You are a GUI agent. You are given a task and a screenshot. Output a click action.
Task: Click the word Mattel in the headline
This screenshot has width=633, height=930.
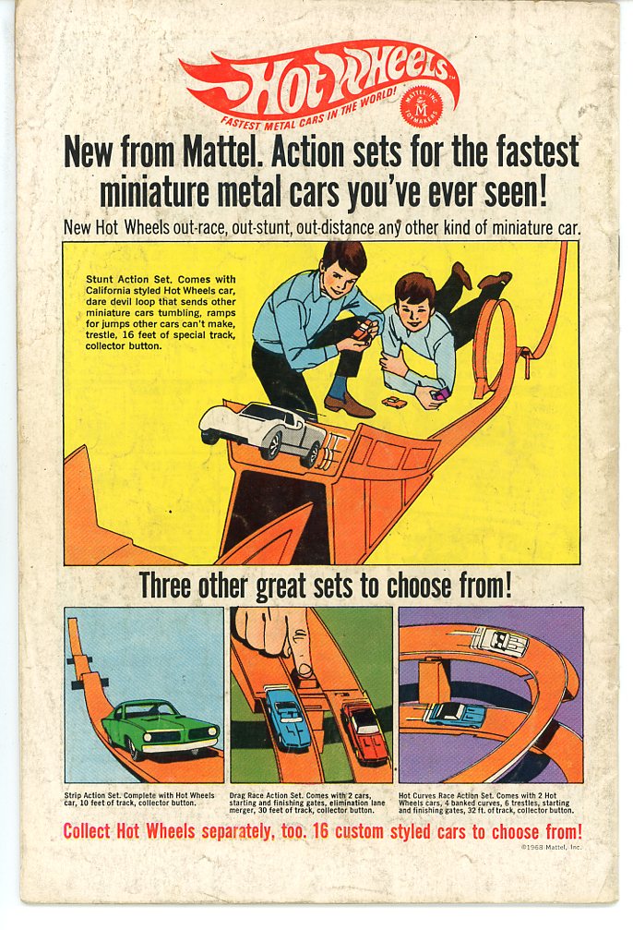pyautogui.click(x=222, y=152)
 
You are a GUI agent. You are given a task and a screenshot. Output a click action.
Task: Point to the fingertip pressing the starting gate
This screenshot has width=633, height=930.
pyautogui.click(x=305, y=669)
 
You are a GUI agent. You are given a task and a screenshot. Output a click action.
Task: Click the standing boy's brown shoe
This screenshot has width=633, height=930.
pyautogui.click(x=349, y=405)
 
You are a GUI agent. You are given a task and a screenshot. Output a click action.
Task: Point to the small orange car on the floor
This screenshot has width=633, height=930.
pyautogui.click(x=394, y=403)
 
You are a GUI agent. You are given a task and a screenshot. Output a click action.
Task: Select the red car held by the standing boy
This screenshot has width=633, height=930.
pyautogui.click(x=363, y=331)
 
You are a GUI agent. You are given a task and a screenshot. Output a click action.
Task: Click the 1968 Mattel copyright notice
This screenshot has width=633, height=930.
pyautogui.click(x=551, y=848)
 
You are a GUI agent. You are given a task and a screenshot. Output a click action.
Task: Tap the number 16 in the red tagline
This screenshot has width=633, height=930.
pyautogui.click(x=320, y=831)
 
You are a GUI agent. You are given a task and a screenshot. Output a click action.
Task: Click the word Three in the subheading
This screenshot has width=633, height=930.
pyautogui.click(x=166, y=586)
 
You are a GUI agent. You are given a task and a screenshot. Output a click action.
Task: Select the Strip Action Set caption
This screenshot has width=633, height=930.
pyautogui.click(x=139, y=799)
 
